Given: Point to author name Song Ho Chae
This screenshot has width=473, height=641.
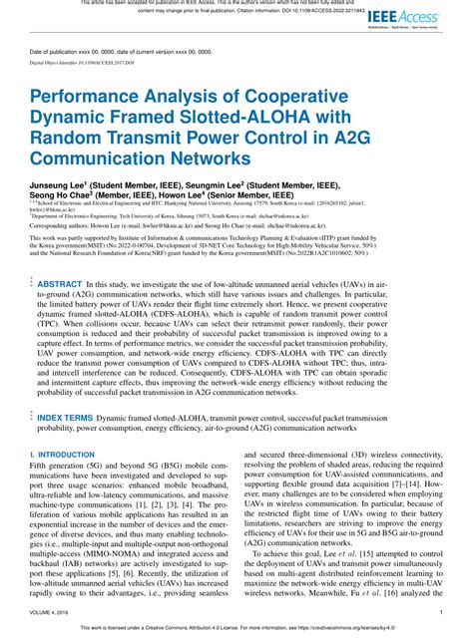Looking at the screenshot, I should [60, 196].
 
